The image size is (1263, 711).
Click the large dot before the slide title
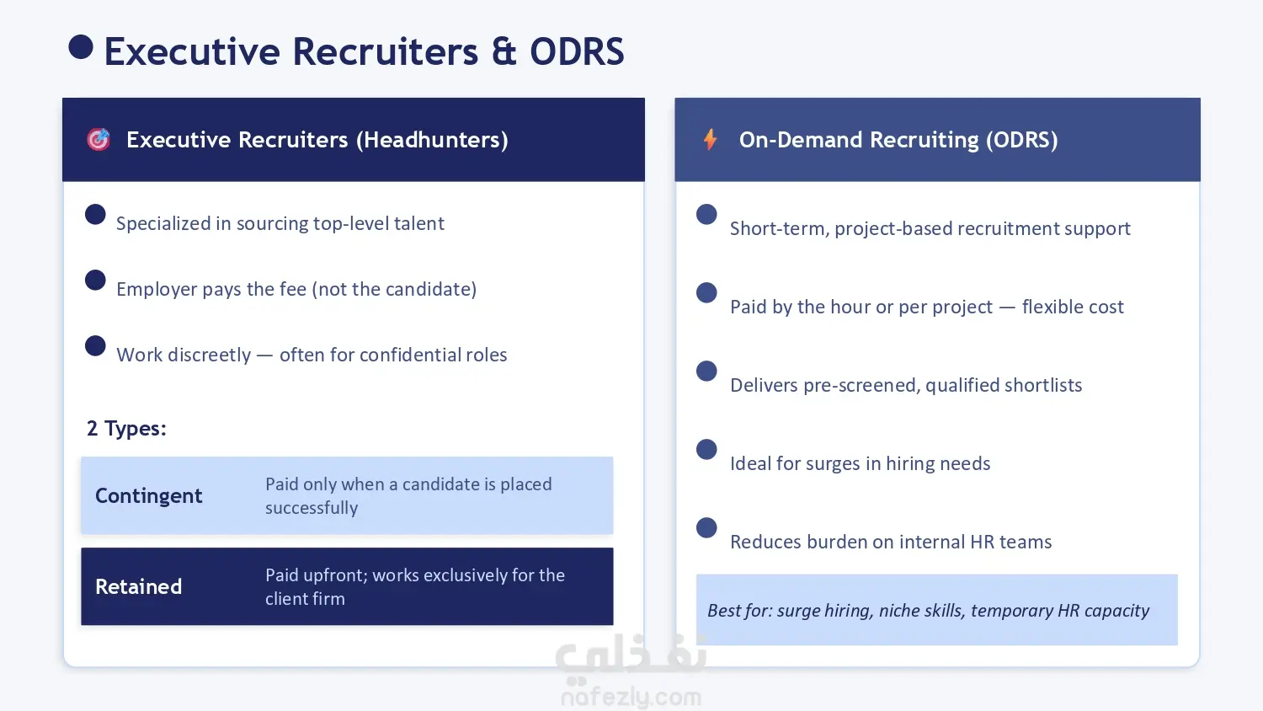click(x=81, y=47)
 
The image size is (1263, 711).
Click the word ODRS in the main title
click(x=577, y=52)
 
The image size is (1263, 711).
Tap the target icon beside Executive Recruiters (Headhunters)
click(x=99, y=139)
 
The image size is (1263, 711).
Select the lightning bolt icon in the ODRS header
click(x=711, y=139)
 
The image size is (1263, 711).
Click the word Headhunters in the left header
click(x=432, y=140)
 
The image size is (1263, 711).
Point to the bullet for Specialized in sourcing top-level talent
click(x=95, y=215)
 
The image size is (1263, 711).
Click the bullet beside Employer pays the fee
click(x=95, y=280)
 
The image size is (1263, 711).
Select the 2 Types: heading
click(x=126, y=428)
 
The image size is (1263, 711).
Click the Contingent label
click(x=148, y=495)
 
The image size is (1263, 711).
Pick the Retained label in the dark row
click(x=138, y=587)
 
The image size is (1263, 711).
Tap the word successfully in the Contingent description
click(x=312, y=508)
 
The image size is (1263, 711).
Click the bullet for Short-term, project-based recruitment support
click(x=706, y=215)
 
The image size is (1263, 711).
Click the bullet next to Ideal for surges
click(x=706, y=450)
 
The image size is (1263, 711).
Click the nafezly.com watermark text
click(x=631, y=698)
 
